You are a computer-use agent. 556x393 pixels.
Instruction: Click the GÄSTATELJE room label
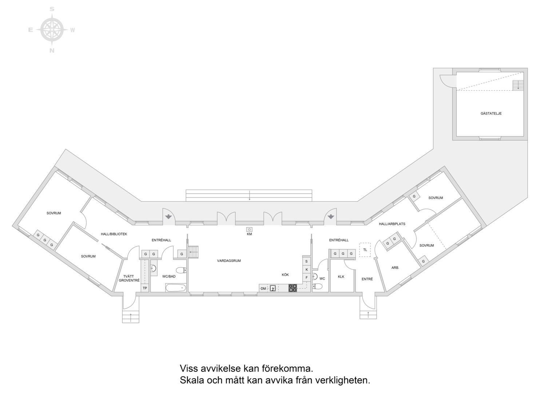click(x=491, y=114)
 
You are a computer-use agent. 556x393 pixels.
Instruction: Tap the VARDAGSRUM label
click(x=229, y=261)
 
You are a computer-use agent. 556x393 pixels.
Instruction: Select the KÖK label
click(x=285, y=275)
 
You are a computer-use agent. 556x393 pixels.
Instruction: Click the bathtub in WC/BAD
click(x=175, y=288)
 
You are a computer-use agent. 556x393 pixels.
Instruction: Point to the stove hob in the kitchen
click(x=293, y=288)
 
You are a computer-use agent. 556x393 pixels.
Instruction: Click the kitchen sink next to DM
click(x=273, y=288)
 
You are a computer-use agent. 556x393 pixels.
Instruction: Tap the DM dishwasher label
click(x=263, y=289)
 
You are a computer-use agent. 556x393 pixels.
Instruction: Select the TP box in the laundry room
click(x=145, y=288)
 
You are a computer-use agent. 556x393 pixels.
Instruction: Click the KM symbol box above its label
click(x=250, y=229)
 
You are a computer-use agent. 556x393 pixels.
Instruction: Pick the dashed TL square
click(x=365, y=250)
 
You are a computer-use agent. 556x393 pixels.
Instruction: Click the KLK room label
click(x=341, y=277)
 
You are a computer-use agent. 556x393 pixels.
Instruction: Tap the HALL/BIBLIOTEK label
click(x=114, y=234)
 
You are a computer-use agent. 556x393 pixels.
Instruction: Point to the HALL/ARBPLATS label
click(x=392, y=224)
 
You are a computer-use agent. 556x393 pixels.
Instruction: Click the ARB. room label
click(x=395, y=267)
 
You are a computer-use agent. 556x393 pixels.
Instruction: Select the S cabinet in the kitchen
click(x=306, y=261)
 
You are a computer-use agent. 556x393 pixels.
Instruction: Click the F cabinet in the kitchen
click(x=306, y=278)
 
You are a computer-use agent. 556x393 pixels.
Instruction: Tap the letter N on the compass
click(x=52, y=51)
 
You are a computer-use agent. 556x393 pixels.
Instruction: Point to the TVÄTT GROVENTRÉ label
click(x=129, y=278)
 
